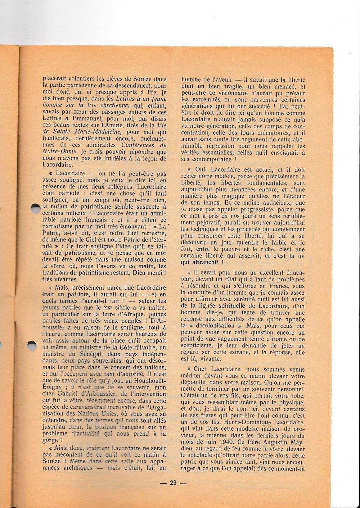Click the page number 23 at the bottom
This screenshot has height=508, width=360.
[x=174, y=483]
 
